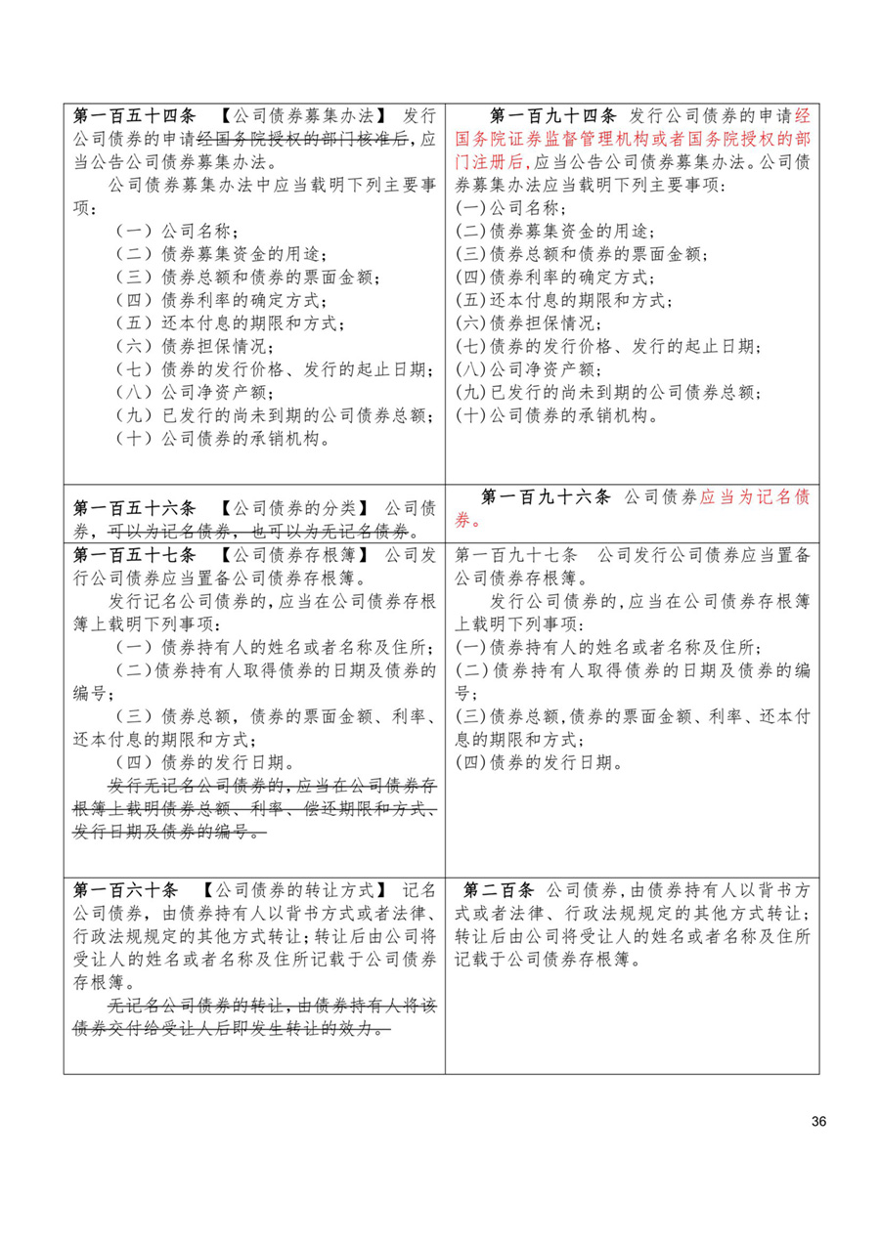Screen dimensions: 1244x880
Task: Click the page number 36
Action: [x=818, y=1121]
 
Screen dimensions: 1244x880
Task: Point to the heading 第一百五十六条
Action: [x=134, y=509]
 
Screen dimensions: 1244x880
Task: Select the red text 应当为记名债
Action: [x=754, y=496]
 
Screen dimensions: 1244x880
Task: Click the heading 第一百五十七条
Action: [x=134, y=555]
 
